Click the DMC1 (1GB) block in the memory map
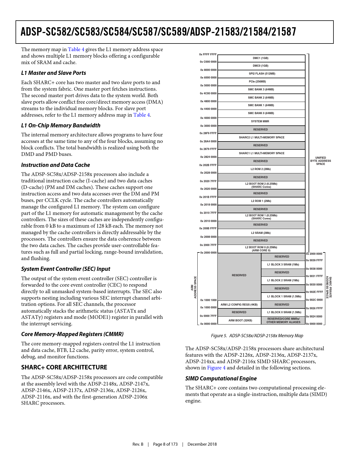tap(261, 58)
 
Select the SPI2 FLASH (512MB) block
tap(262, 74)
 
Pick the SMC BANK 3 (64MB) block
tap(261, 90)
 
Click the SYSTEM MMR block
tap(260, 121)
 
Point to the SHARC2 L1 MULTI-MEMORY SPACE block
tap(261, 138)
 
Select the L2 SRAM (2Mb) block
tap(261, 233)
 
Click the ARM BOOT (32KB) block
tap(240, 321)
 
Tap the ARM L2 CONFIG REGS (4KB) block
tap(239, 305)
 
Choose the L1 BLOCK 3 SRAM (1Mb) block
tap(283, 265)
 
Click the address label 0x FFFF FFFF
tap(208, 55)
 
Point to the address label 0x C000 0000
tap(208, 62)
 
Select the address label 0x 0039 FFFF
tap(314, 260)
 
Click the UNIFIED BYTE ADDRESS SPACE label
tap(320, 161)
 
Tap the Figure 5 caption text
tap(257, 336)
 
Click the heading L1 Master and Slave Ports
tap(54, 73)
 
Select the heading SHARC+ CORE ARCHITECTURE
tap(64, 367)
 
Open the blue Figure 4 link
tap(216, 368)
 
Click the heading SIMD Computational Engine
tap(221, 378)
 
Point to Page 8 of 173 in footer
tap(165, 444)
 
